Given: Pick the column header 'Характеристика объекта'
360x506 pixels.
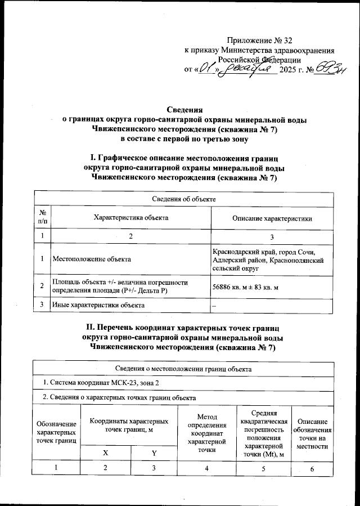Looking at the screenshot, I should click(130, 218).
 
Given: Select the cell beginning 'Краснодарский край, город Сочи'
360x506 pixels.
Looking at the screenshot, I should click(268, 259).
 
